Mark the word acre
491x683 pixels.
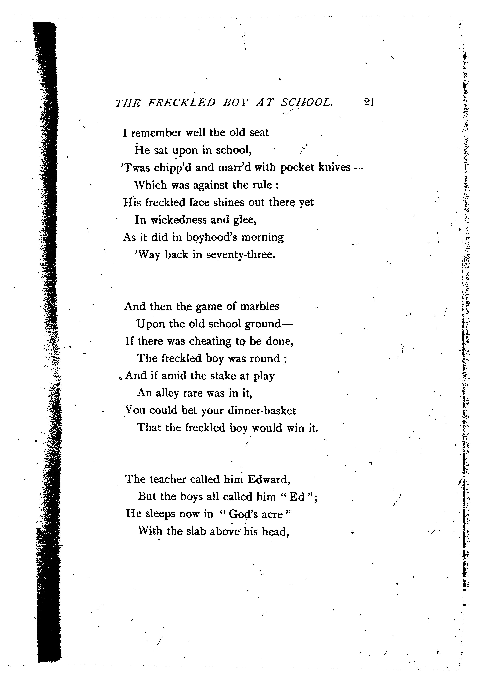(272, 514)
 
